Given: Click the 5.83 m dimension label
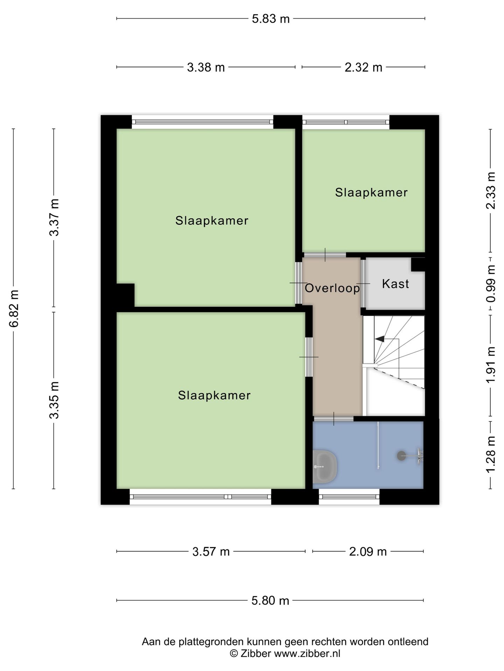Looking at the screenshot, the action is pos(271,19).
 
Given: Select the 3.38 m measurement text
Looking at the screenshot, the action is pos(206,67).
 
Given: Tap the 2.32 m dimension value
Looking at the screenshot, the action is pos(363,67).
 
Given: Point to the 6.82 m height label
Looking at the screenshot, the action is pos(14,309).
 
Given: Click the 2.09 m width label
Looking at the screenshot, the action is pos(368,551).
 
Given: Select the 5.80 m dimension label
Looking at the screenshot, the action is pos(270,600).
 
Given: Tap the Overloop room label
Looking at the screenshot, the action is pos(332,288).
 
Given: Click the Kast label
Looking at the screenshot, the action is pos(395,284).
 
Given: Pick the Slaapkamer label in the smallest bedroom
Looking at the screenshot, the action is pos(371,193).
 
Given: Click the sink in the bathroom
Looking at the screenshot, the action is pos(324,467).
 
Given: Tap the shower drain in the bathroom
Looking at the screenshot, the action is pos(401,455).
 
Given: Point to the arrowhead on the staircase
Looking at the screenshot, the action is pos(379,339).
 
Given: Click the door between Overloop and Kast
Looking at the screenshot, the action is pos(364,283).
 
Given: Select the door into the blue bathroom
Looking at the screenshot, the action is pos(334,419).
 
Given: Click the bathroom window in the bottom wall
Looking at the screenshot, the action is pos(349,497).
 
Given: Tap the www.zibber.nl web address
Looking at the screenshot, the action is pos(307,653).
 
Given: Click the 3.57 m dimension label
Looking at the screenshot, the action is pos(211,551).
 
